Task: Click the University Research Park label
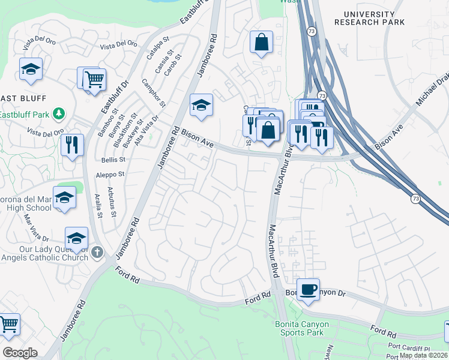point(369,18)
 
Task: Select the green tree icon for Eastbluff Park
point(59,113)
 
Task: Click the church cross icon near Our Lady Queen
point(98,252)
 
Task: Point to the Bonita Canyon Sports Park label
point(302,328)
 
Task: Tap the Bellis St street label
point(113,160)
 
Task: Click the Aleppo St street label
point(109,175)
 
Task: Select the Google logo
point(20,353)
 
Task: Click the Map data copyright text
point(423,355)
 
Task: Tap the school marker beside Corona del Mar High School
point(64,198)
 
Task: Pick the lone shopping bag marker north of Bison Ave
point(261,43)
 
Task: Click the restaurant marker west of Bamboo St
point(71,146)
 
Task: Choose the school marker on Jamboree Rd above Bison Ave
point(202,106)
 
